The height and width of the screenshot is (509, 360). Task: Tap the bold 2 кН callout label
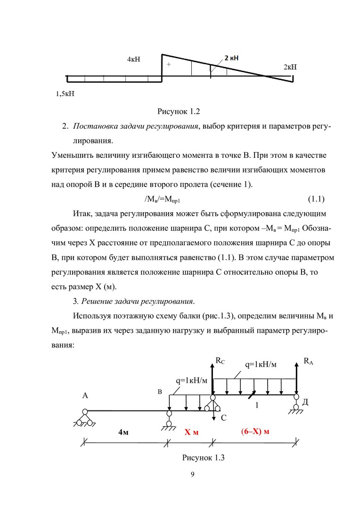pos(231,58)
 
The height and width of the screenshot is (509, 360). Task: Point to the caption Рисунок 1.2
pos(179,112)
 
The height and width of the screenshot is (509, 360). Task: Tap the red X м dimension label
pos(191,432)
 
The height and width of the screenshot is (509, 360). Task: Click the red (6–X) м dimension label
pos(255,432)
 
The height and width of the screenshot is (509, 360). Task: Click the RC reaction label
pos(220,361)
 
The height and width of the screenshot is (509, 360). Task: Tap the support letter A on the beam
pos(85,396)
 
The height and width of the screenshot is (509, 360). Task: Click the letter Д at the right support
pos(305,402)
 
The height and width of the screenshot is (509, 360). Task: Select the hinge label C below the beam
pos(224,418)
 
